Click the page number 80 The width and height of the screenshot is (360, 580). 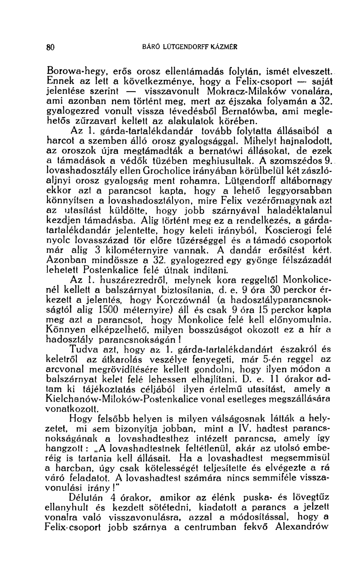[51, 46]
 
